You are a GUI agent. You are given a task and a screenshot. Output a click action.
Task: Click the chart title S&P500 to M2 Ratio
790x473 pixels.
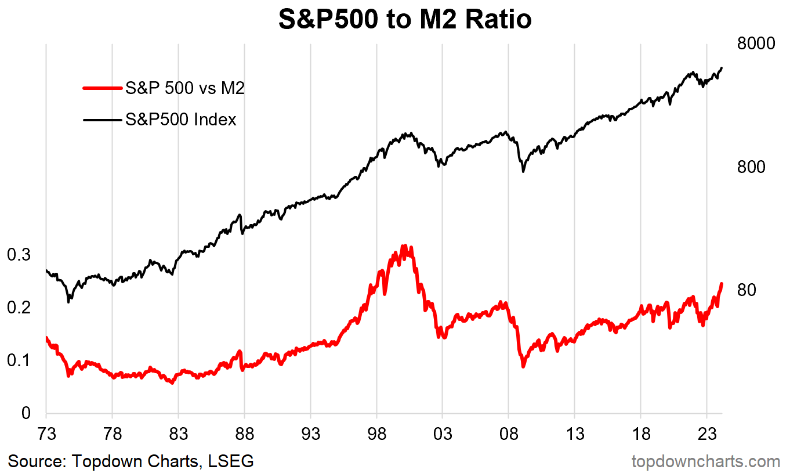[x=405, y=20]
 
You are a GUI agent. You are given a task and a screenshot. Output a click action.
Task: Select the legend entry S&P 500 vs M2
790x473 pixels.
[x=185, y=88]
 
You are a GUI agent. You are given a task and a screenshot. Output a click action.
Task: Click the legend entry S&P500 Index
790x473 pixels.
[x=181, y=120]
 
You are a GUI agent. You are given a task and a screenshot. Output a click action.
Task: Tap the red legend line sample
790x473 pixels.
[x=103, y=88]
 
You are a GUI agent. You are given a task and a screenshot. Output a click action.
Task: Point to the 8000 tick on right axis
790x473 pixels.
[x=756, y=44]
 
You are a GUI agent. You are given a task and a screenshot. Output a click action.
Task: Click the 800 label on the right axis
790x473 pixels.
[x=751, y=167]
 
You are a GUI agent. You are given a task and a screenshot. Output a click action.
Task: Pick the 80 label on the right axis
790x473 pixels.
[x=746, y=290]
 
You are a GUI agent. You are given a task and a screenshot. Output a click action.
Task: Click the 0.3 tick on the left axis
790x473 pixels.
[x=19, y=255]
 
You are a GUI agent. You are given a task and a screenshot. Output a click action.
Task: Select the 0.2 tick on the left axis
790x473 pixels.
[x=19, y=308]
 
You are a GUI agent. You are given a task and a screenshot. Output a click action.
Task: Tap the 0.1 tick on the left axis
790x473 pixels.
[x=19, y=360]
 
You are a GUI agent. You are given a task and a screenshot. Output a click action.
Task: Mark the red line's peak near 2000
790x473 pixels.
[x=404, y=246]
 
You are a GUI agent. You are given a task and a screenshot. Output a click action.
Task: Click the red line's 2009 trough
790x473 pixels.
[x=523, y=366]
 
